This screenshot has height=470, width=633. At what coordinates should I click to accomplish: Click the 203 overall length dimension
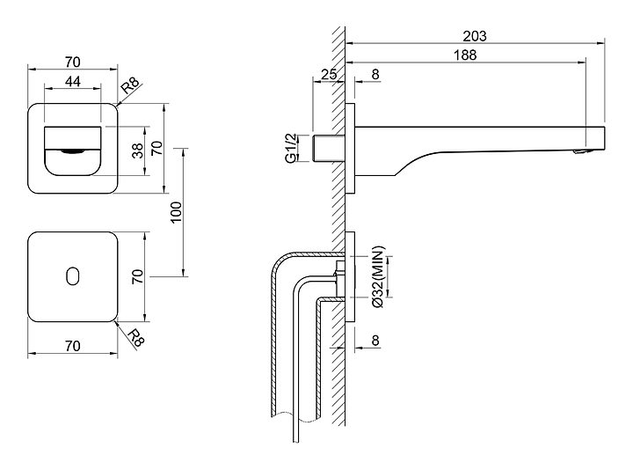[x=474, y=36]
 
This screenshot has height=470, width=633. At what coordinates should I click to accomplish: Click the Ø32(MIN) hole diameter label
[x=375, y=278]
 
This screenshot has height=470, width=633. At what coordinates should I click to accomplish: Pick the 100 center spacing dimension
[x=176, y=212]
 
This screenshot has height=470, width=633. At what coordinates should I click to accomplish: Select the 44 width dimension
[x=73, y=80]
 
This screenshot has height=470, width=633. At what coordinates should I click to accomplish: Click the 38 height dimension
[x=137, y=151]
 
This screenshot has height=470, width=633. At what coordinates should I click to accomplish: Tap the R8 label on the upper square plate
[x=129, y=85]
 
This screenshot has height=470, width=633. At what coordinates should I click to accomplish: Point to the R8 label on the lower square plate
[x=135, y=337]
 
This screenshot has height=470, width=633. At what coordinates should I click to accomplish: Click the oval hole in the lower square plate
[x=72, y=276]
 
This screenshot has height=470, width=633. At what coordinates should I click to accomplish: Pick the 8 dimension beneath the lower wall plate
[x=375, y=341]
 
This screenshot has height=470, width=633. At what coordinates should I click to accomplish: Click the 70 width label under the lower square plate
[x=73, y=346]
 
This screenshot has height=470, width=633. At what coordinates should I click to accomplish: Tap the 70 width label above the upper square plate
[x=73, y=62]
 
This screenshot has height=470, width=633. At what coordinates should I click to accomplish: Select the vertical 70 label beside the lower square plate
[x=137, y=276]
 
